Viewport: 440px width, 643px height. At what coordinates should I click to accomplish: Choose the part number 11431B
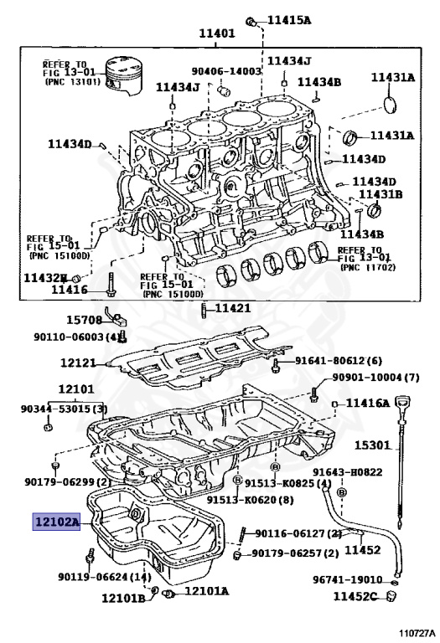click(x=380, y=194)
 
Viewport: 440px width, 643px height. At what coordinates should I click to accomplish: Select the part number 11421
click(x=233, y=309)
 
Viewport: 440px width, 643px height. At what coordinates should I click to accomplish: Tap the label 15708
click(x=84, y=319)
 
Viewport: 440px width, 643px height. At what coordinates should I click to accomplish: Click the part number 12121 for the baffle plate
click(x=78, y=363)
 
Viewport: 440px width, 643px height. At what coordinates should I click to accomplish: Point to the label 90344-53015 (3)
click(x=65, y=409)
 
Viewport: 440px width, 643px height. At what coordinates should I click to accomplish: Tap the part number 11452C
click(x=358, y=596)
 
